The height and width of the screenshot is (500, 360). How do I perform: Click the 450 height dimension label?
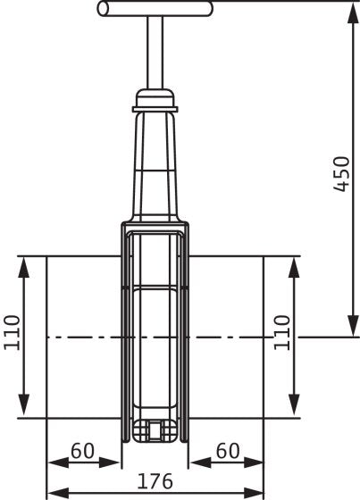342,174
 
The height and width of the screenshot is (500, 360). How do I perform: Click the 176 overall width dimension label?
155,481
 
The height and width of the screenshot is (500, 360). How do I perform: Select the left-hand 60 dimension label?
83,451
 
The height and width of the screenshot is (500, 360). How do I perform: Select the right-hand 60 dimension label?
228,451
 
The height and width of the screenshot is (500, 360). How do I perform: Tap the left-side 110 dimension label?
13,332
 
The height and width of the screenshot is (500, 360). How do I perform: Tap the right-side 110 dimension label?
282,332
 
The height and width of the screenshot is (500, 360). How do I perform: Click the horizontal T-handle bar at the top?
155,9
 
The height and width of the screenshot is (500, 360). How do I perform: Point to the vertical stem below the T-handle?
155,53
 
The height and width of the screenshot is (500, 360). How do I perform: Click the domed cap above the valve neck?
155,98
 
